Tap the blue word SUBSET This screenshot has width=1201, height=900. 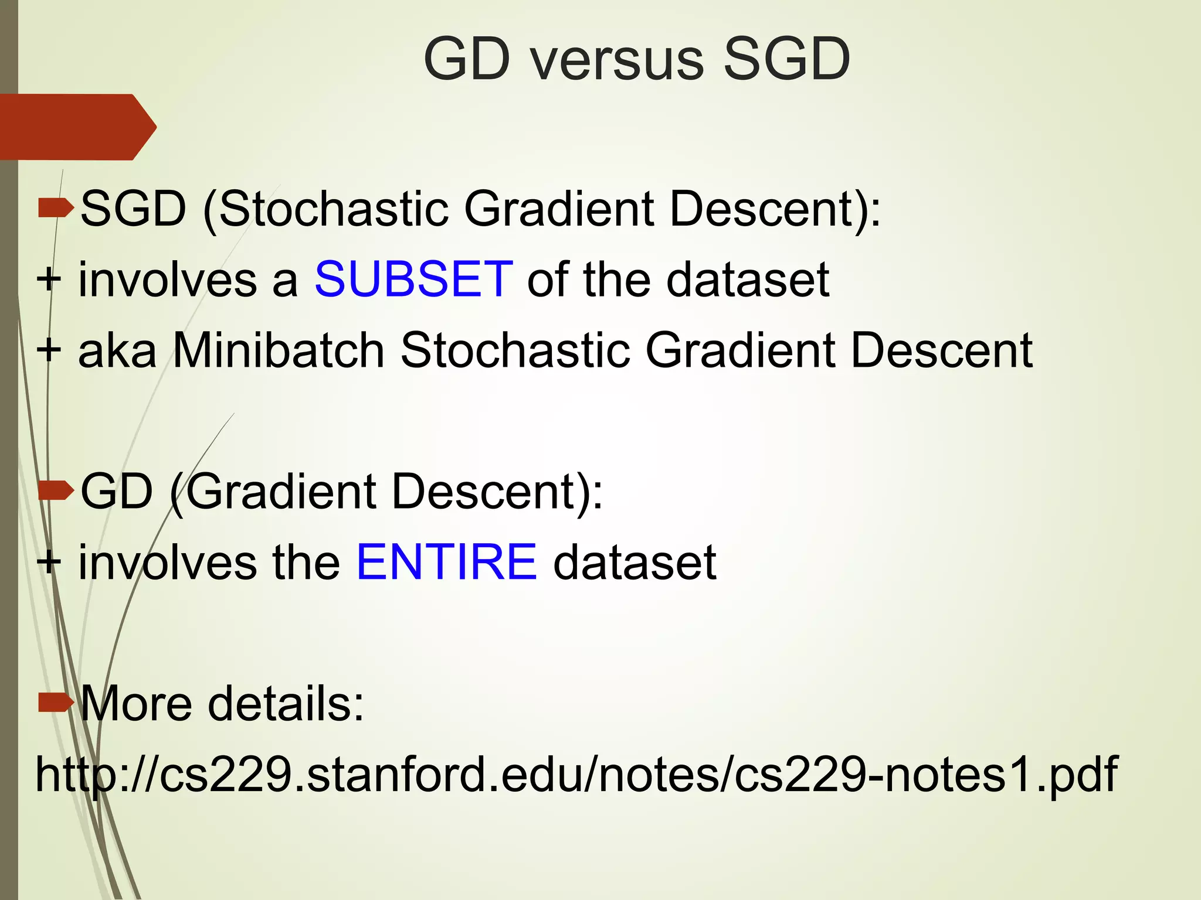414,279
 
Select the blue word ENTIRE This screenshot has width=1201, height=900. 446,562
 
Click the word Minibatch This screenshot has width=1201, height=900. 279,350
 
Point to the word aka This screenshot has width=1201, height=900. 117,350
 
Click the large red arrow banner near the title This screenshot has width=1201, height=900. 76,127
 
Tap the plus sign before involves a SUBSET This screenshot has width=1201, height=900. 49,280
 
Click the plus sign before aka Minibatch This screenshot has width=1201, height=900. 49,350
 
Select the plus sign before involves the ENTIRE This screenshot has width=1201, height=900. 49,562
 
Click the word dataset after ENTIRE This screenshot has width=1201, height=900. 635,562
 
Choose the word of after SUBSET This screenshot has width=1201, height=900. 548,279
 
